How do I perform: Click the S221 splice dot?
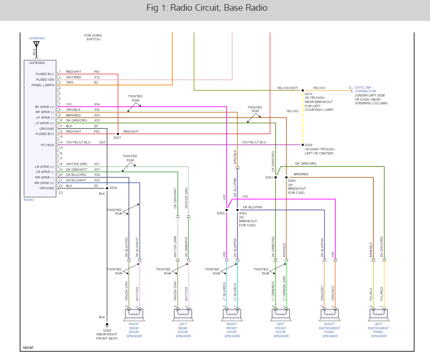pyautogui.click(x=118, y=134)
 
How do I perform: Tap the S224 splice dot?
pyautogui.click(x=107, y=188)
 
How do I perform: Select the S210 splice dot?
pyautogui.click(x=302, y=90)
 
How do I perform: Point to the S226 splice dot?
pyautogui.click(x=302, y=145)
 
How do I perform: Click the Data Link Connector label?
pyautogui.click(x=365, y=89)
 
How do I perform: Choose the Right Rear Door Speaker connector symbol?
pyautogui.click(x=134, y=315)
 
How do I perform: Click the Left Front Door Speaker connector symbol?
pyautogui.click(x=281, y=315)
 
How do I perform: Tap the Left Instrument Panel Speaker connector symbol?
pyautogui.click(x=379, y=315)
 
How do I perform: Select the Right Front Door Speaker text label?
pyautogui.click(x=232, y=330)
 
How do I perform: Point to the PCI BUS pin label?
pyautogui.click(x=47, y=145)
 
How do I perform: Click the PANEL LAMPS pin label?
pyautogui.click(x=43, y=85)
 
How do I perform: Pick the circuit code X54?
pyautogui.click(x=97, y=104)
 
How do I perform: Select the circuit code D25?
pyautogui.click(x=102, y=142)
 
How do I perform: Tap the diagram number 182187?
pyautogui.click(x=28, y=347)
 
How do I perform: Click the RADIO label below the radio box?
pyautogui.click(x=29, y=199)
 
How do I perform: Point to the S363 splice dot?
pyautogui.click(x=226, y=209)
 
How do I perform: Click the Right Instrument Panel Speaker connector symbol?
pyautogui.click(x=330, y=315)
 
